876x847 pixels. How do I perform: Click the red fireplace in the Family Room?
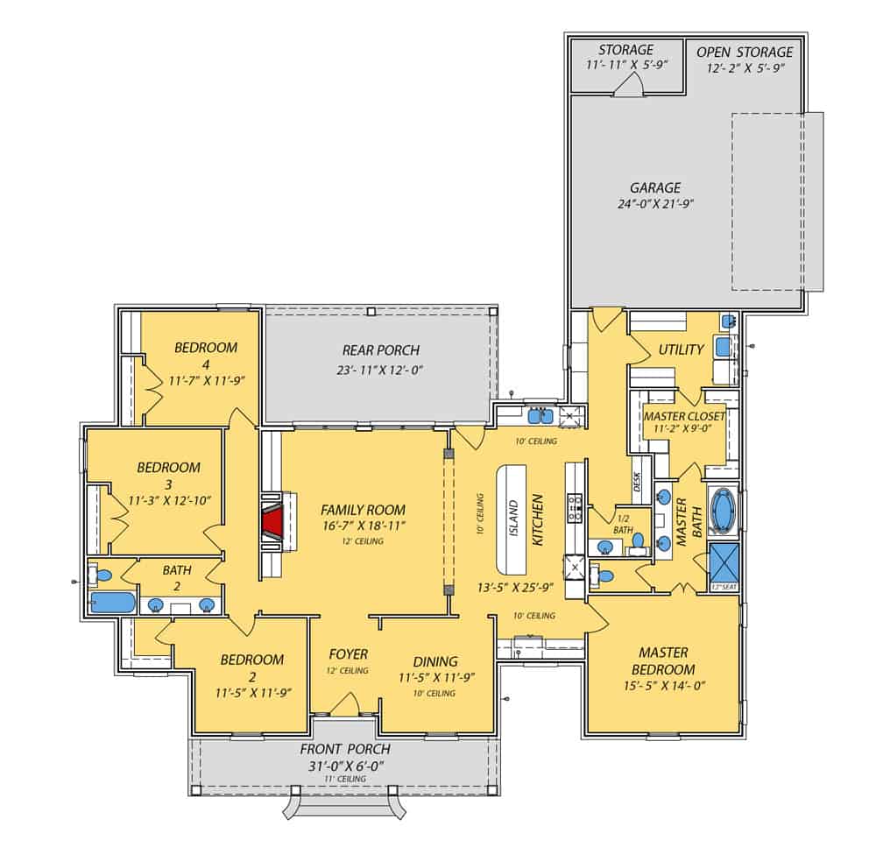[x=272, y=524]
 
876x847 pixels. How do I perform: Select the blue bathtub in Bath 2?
[x=112, y=603]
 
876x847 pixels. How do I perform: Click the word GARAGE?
[x=654, y=187]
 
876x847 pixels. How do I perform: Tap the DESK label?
[x=637, y=482]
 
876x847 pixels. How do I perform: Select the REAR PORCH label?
[x=380, y=350]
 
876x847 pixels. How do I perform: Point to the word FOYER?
[x=348, y=654]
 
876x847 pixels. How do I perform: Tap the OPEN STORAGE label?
[x=744, y=53]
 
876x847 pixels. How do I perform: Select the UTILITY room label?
[x=681, y=350]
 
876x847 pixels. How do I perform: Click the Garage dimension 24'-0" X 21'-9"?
[x=654, y=205]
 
